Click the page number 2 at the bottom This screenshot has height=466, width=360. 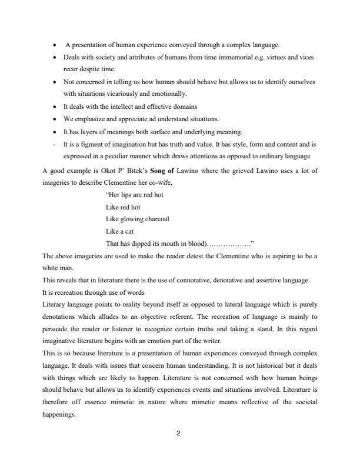click(x=179, y=434)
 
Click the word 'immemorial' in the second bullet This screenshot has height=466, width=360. click(x=232, y=58)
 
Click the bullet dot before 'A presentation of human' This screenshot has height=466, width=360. click(x=55, y=45)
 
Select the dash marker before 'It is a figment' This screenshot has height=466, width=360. click(x=55, y=143)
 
